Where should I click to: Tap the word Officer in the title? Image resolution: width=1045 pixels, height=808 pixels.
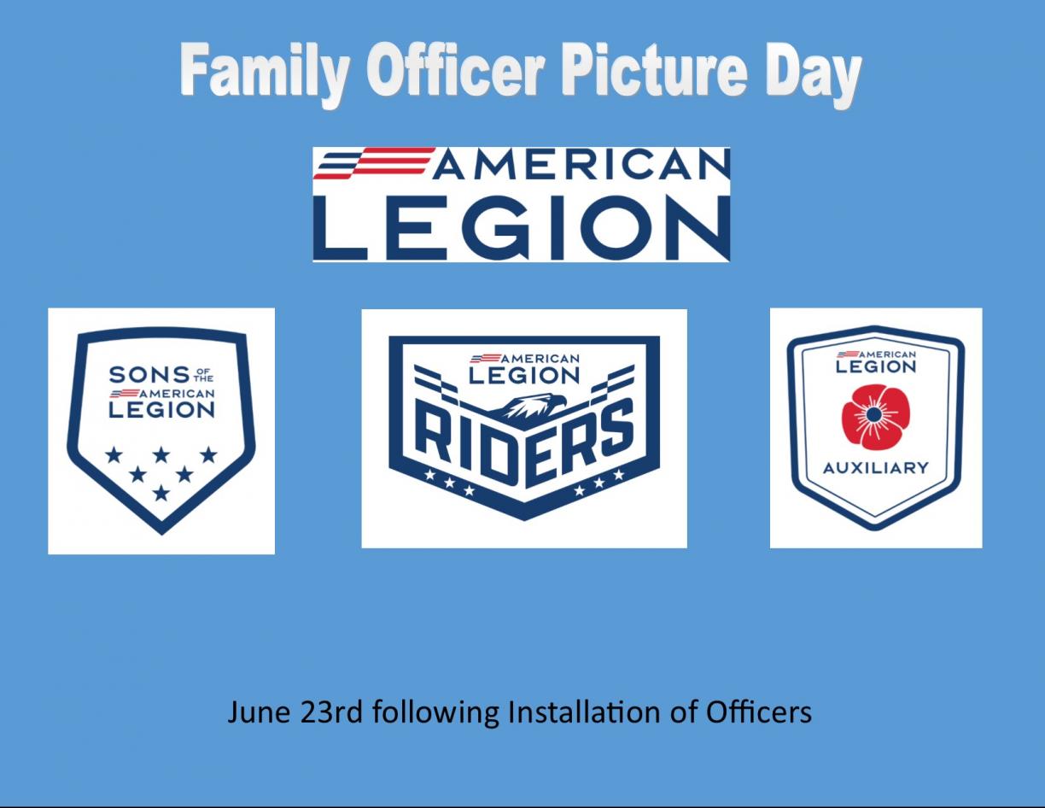point(455,71)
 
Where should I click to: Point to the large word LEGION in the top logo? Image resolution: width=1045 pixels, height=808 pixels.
point(522,226)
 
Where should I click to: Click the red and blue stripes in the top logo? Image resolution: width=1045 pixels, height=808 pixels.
point(374,163)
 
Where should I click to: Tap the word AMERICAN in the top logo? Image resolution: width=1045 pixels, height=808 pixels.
point(581,164)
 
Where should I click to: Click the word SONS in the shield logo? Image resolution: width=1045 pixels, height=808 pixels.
point(149,375)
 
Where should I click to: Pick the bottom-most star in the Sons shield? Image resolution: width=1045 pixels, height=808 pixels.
point(161,493)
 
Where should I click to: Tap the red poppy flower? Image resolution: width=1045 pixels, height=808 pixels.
point(875,417)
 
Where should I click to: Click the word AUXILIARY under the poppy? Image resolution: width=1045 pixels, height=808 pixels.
point(875,468)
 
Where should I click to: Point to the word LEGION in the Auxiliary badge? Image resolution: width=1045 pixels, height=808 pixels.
point(875,367)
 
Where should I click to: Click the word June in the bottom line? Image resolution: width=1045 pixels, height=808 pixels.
point(258,711)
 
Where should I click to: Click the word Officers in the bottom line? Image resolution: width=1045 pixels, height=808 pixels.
point(758,711)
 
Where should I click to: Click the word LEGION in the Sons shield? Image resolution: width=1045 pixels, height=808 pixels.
point(161,410)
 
